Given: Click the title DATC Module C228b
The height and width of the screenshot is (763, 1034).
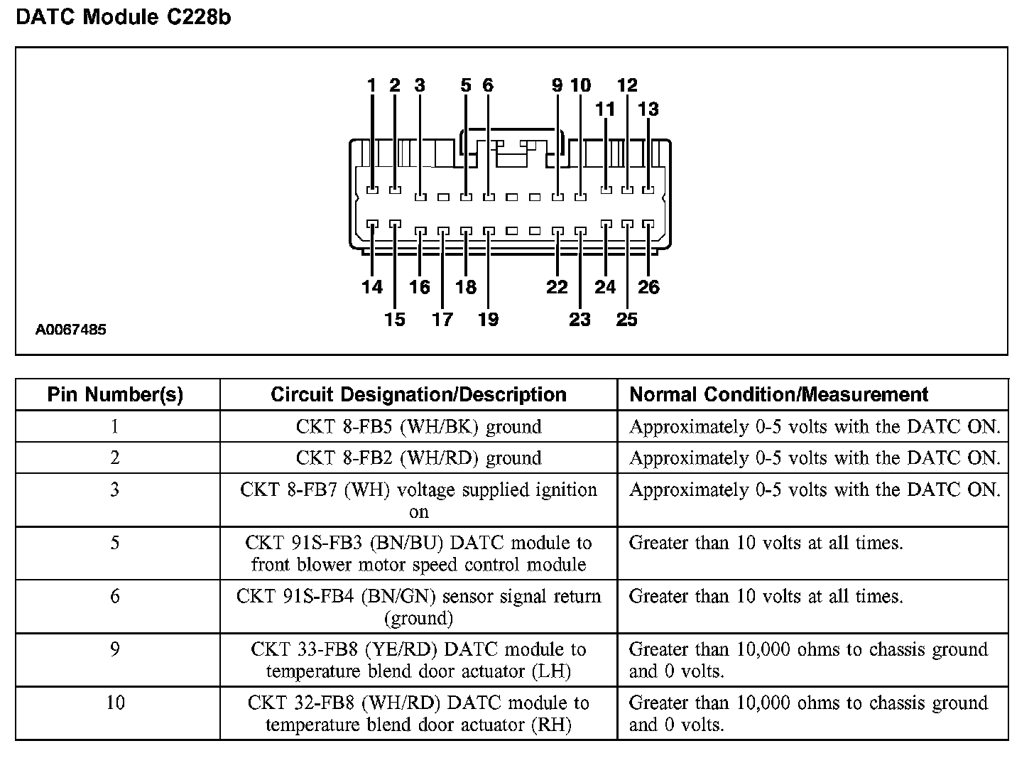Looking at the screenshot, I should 124,17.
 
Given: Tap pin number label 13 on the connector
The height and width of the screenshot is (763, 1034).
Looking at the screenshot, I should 648,109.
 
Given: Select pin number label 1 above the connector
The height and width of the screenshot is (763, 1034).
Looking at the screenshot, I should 371,86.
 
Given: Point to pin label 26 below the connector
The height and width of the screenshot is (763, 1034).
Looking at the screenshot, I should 648,287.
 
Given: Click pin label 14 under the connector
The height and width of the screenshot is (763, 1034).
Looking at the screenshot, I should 372,287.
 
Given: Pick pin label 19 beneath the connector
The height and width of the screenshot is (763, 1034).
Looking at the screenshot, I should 488,320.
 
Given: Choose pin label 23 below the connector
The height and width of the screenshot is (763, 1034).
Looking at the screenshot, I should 579,320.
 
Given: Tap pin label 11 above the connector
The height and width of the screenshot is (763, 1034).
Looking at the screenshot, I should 605,109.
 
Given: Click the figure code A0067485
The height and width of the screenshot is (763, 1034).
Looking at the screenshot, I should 71,330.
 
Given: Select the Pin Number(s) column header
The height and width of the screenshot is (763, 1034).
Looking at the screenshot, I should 115,395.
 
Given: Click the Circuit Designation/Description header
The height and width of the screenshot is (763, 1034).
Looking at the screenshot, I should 418,395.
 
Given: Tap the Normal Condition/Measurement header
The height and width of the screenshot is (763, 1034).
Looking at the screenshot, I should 779,395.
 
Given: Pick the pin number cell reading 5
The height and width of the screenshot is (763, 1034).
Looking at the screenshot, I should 115,543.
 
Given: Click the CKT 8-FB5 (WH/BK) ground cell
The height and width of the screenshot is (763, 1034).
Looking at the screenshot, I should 418,427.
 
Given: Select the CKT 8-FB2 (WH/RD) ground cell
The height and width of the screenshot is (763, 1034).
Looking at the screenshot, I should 418,458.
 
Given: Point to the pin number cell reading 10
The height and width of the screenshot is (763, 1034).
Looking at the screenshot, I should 115,703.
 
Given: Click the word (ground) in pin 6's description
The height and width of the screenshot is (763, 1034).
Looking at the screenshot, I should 418,619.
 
